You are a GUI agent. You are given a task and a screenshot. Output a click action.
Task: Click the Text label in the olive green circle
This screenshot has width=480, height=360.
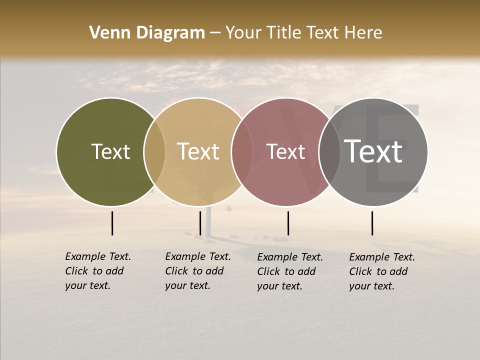pyautogui.click(x=110, y=151)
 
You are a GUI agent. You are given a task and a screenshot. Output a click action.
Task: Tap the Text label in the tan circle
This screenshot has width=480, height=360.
pyautogui.click(x=198, y=151)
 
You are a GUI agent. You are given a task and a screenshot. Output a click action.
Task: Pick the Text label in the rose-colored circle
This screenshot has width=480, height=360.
pyautogui.click(x=285, y=151)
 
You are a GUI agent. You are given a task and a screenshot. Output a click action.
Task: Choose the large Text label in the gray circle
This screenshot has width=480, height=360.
pyautogui.click(x=373, y=151)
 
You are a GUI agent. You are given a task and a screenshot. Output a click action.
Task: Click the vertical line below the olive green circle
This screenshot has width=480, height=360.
pyautogui.click(x=112, y=223)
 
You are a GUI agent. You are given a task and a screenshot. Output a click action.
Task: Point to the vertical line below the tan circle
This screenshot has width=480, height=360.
pyautogui.click(x=200, y=223)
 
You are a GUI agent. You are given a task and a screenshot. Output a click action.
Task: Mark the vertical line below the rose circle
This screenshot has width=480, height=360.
pyautogui.click(x=288, y=223)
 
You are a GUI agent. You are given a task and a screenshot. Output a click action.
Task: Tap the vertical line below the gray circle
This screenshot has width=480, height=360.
pyautogui.click(x=372, y=223)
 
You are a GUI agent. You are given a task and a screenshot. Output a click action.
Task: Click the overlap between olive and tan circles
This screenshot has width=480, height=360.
pyautogui.click(x=154, y=152)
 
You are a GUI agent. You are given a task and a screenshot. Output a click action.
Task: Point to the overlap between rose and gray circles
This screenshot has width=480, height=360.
pyautogui.click(x=329, y=152)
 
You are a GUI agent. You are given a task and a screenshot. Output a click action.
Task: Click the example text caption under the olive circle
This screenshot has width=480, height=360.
pyautogui.click(x=97, y=271)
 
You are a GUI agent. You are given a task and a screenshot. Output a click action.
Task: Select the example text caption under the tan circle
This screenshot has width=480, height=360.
pyautogui.click(x=197, y=271)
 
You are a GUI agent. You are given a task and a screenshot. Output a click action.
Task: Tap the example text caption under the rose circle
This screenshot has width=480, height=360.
pyautogui.click(x=289, y=271)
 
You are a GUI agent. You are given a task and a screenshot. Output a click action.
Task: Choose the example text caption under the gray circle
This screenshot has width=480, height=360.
pyautogui.click(x=381, y=271)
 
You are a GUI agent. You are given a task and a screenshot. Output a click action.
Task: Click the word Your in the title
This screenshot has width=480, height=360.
pyautogui.click(x=243, y=33)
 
